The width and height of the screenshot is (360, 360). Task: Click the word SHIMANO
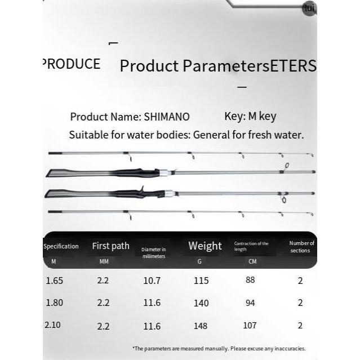pos(167,117)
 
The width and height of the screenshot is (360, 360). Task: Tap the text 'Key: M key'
pos(250,117)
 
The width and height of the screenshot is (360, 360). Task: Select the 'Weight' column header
pos(205,246)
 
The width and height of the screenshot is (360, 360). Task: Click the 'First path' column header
pos(110,246)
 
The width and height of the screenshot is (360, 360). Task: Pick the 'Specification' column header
pos(61,246)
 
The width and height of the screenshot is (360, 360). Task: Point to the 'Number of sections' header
pos(301,247)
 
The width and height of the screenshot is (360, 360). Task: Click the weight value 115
pos(201,281)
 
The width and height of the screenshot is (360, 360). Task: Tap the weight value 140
pos(201,303)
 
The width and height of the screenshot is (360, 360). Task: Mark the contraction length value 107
pos(249,325)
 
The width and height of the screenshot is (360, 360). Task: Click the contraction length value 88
pos(251,280)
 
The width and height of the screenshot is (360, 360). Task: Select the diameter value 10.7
pos(152,281)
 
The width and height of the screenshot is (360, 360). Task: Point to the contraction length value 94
pos(250,303)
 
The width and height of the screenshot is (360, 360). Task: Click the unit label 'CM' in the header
pos(252,261)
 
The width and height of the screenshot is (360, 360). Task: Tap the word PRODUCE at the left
pos(72,64)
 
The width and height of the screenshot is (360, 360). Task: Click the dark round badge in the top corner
pos(309,8)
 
